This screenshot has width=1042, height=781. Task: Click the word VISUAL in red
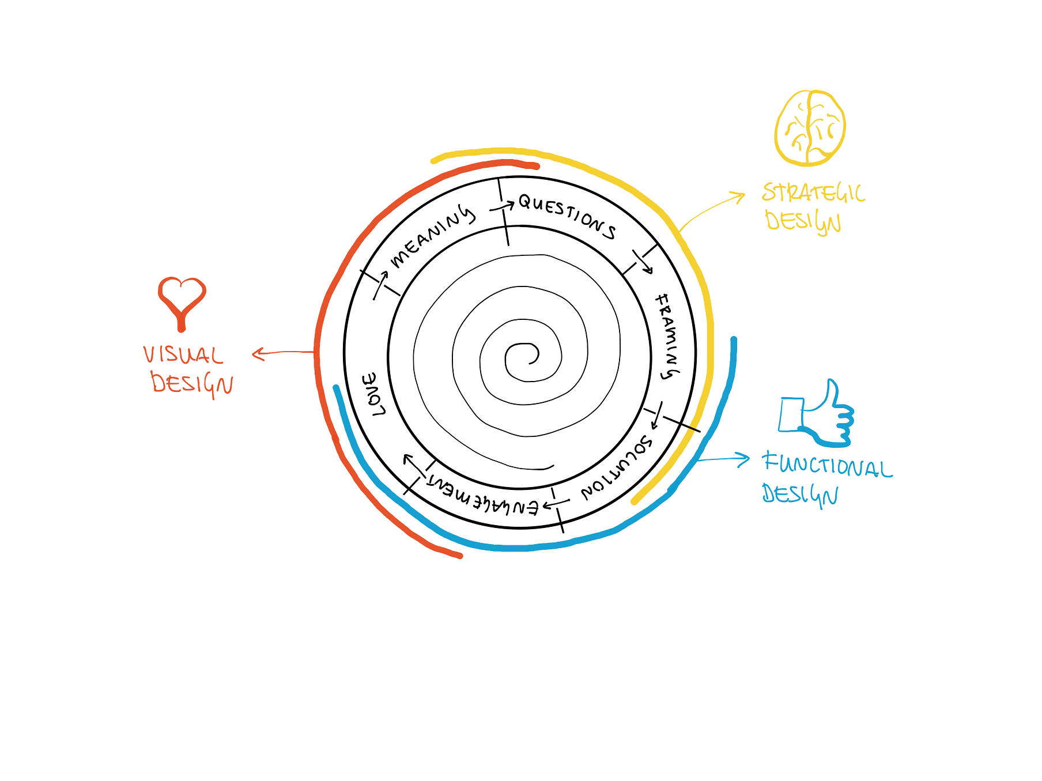pyautogui.click(x=183, y=355)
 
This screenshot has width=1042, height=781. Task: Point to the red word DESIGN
pyautogui.click(x=192, y=383)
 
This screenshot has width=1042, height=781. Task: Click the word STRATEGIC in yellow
pyautogui.click(x=813, y=193)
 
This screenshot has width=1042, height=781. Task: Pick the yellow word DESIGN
pyautogui.click(x=803, y=221)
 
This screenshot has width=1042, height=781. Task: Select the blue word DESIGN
pyautogui.click(x=800, y=495)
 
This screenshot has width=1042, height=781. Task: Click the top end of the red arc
pyautogui.click(x=537, y=167)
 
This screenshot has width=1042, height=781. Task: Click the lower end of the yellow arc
pyautogui.click(x=633, y=503)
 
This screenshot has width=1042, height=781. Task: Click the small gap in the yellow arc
pyautogui.click(x=693, y=428)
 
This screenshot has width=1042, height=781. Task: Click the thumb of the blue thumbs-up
pyautogui.click(x=831, y=389)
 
